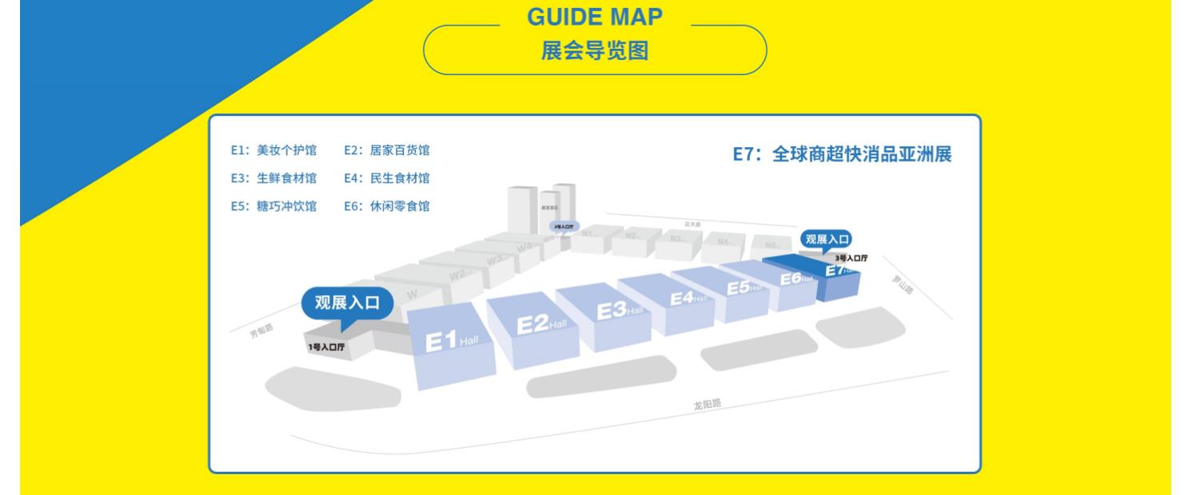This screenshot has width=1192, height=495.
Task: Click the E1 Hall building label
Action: (x=452, y=341)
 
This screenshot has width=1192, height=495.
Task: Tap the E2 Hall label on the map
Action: (x=541, y=324)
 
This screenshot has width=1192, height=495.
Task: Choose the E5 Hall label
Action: (x=744, y=286)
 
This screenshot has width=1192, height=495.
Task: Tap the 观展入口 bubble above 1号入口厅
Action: (x=349, y=303)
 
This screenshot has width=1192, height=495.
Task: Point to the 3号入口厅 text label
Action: (x=851, y=258)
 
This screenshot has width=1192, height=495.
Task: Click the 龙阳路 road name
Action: (x=707, y=404)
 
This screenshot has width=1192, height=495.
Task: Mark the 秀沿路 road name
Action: (x=261, y=329)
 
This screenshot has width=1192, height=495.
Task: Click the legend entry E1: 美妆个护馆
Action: (x=273, y=150)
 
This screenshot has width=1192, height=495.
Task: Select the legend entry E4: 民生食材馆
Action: (x=386, y=178)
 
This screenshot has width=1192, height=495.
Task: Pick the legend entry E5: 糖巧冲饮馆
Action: (x=273, y=206)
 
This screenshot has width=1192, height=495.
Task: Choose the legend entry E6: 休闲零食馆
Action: (x=386, y=206)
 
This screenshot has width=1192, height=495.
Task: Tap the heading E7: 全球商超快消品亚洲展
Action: (x=842, y=154)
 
